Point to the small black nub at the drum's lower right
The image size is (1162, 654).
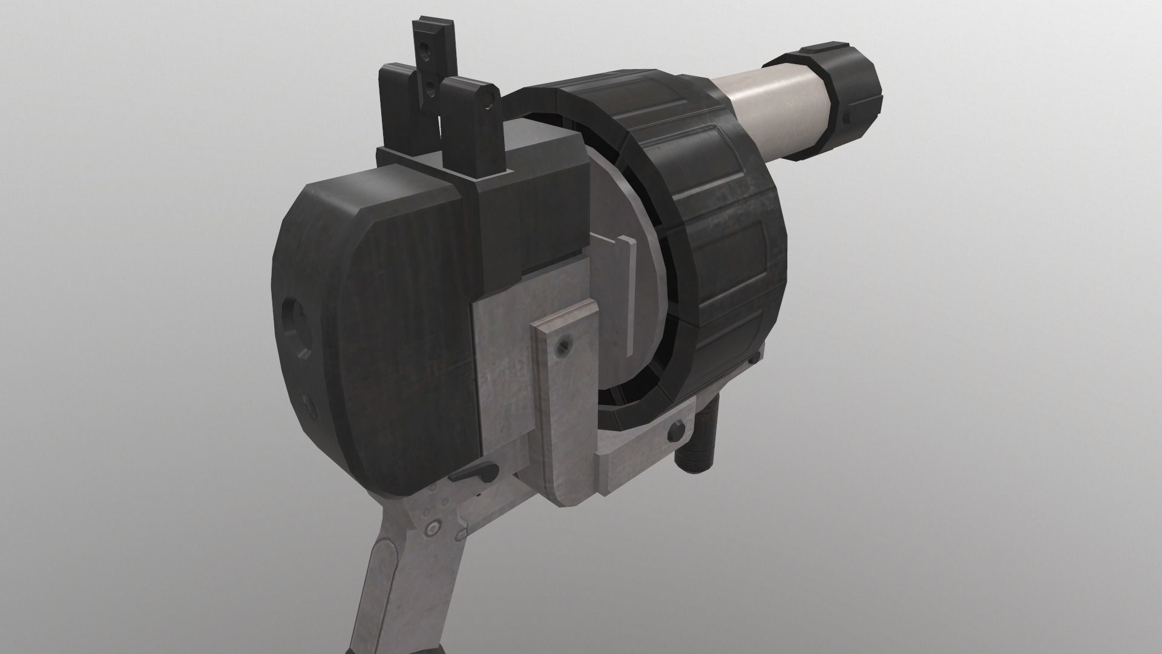click(753, 362)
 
